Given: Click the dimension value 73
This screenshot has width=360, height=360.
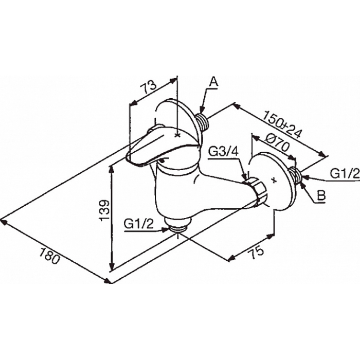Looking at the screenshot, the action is tap(148, 86).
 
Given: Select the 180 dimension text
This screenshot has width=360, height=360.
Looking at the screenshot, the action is tap(49, 256).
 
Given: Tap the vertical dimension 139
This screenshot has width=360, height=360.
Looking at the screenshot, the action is tap(104, 210).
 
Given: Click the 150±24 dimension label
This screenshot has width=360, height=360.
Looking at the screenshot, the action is tap(282, 124).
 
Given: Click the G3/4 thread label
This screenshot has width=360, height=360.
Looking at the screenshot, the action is tap(224, 152).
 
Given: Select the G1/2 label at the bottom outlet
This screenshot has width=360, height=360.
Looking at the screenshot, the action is tap(138, 224).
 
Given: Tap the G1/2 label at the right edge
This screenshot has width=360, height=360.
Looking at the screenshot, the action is tap(345, 174).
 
